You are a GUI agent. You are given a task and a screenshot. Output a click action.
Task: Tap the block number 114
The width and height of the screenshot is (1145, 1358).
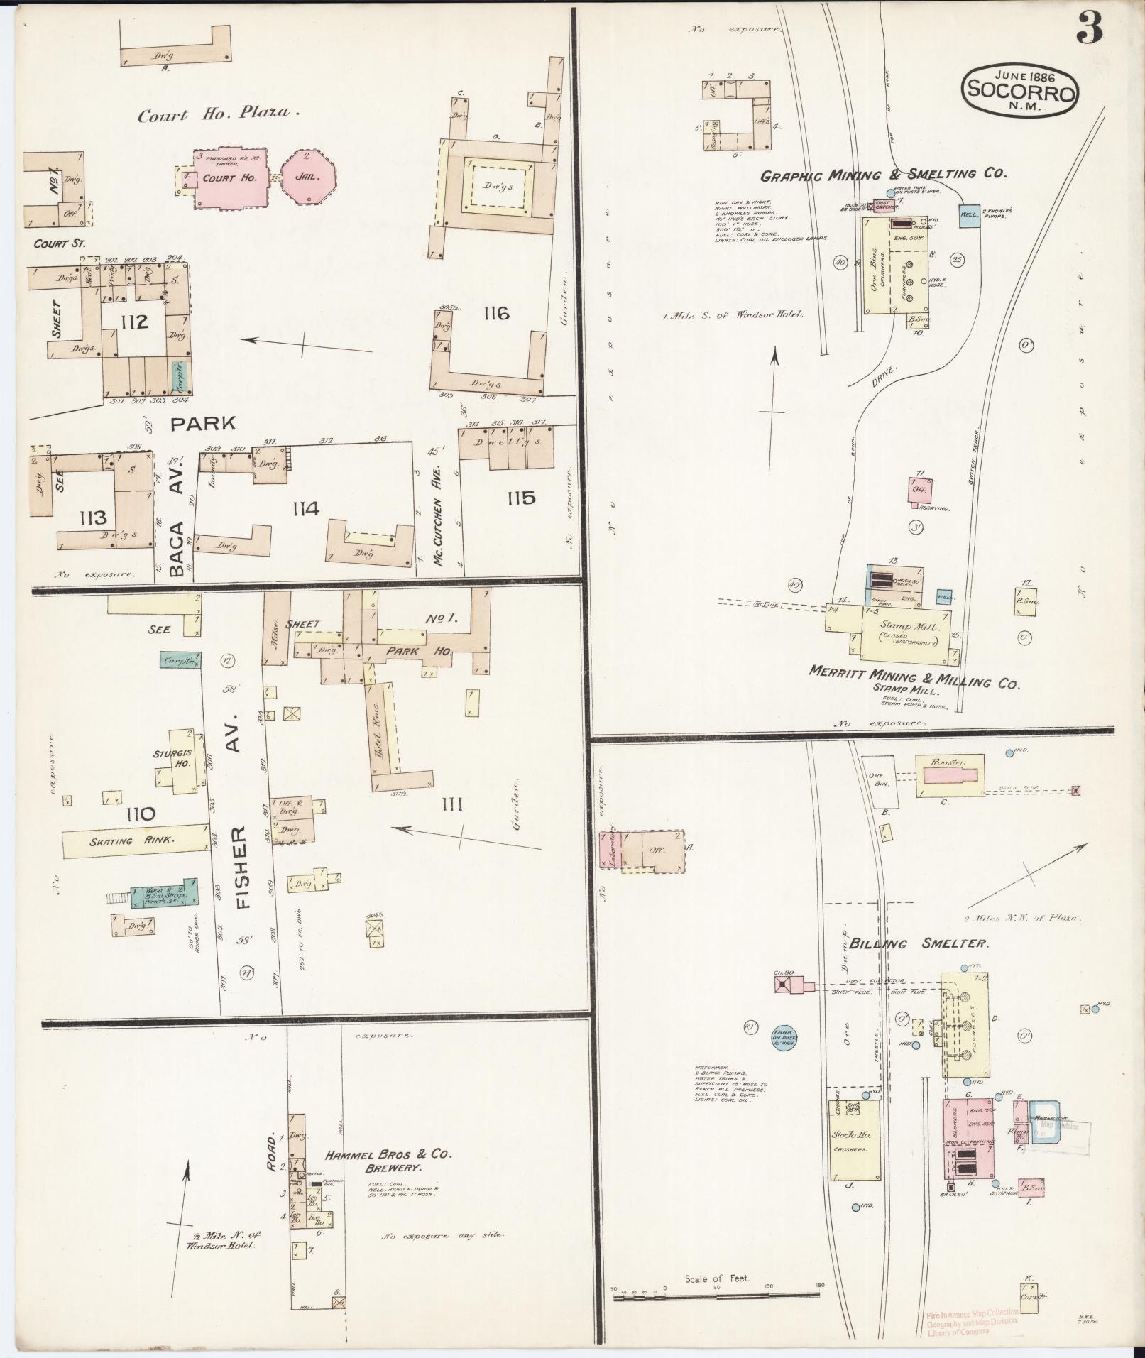303,508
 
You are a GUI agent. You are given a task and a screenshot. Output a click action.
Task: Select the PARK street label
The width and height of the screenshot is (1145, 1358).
202,424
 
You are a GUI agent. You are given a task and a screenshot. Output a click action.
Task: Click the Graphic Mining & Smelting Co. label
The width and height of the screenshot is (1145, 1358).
884,174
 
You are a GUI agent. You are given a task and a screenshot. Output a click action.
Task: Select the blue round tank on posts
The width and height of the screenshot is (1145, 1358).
784,1039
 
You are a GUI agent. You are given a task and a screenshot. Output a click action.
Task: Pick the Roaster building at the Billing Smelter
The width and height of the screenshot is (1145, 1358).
949,775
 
